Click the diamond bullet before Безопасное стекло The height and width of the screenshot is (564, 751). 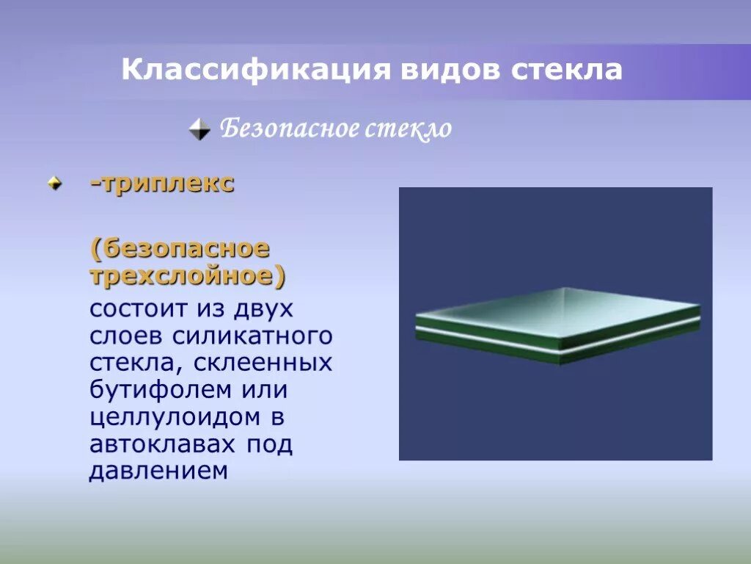(x=199, y=130)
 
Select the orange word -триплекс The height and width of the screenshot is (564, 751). (x=162, y=184)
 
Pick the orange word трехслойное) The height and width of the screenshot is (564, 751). (x=188, y=276)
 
